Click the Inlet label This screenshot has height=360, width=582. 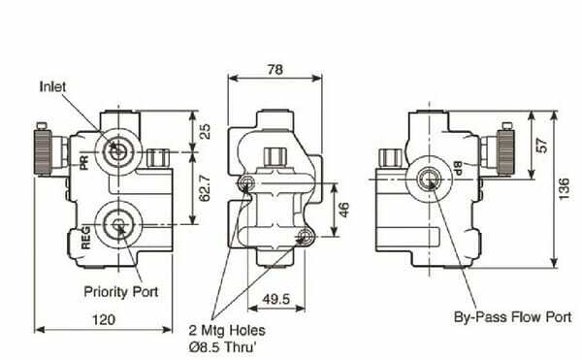[52, 85]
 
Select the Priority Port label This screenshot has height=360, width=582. [121, 291]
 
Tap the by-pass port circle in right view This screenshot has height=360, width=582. [427, 176]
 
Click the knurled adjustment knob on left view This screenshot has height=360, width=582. [45, 148]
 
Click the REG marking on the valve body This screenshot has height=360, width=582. [85, 237]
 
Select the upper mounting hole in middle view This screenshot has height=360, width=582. [251, 184]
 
